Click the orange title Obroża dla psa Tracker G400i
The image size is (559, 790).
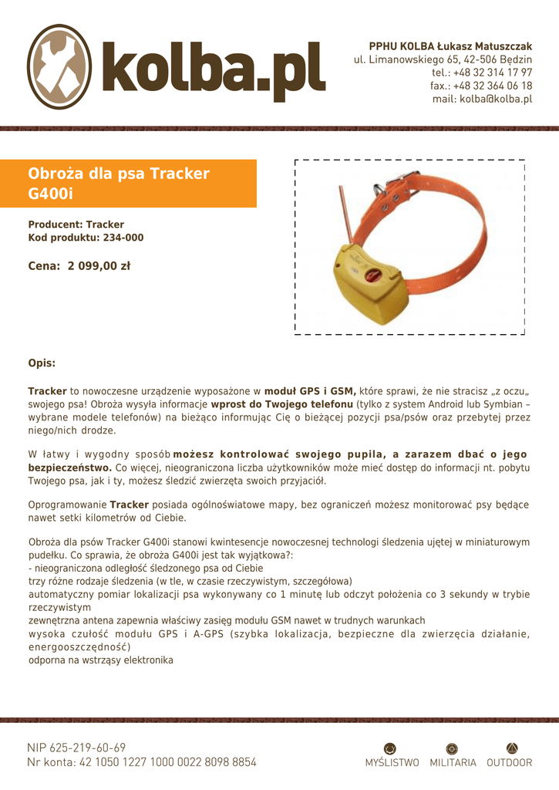pyautogui.click(x=119, y=183)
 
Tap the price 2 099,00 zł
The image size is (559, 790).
pyautogui.click(x=99, y=266)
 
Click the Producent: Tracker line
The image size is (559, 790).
pyautogui.click(x=76, y=225)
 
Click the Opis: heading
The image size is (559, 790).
pyautogui.click(x=42, y=363)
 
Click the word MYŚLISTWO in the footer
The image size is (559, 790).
pyautogui.click(x=392, y=763)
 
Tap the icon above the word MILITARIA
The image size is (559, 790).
pyautogui.click(x=453, y=748)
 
